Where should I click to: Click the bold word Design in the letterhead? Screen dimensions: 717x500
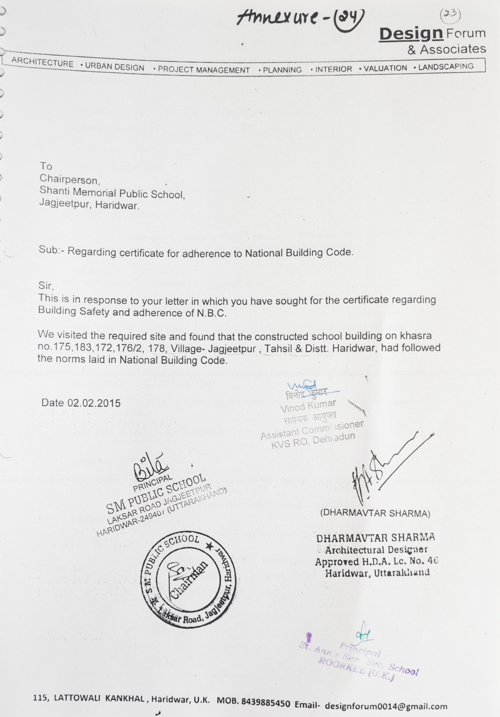click(411, 34)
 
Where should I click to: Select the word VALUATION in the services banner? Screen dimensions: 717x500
click(385, 68)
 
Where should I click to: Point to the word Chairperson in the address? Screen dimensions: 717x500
click(69, 180)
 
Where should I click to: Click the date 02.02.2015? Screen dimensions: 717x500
click(94, 403)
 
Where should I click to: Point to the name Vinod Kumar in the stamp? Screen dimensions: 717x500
click(308, 406)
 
